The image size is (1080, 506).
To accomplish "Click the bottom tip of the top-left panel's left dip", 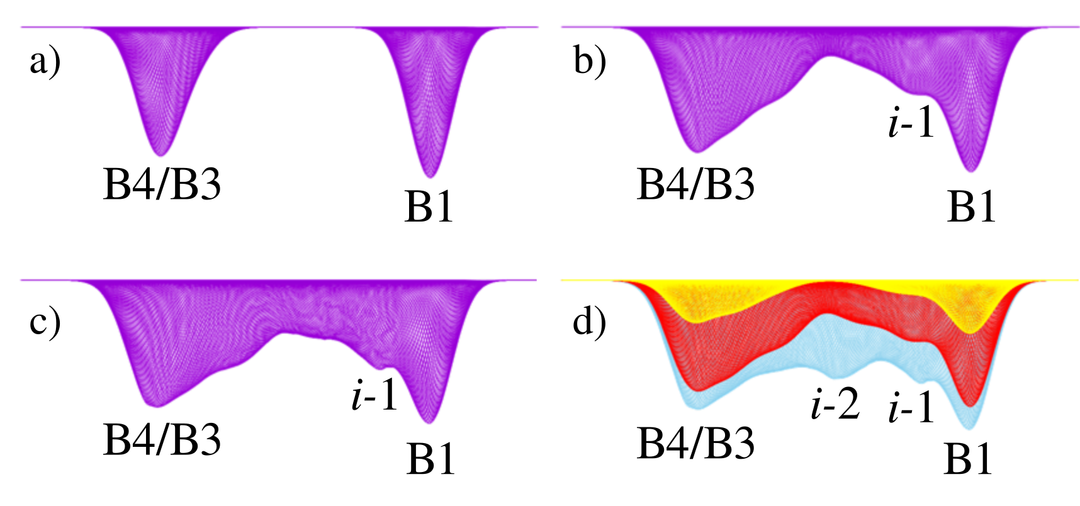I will click(160, 155).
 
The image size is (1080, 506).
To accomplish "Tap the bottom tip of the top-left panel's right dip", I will click(430, 177).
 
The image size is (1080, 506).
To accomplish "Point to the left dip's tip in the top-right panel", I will click(696, 152).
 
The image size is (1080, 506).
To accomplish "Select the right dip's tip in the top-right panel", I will click(970, 171).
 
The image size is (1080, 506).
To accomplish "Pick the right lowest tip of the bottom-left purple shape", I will click(429, 423).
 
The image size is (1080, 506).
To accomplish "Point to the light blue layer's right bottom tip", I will click(970, 430).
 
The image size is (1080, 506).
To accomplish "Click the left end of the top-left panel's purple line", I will click(21, 27).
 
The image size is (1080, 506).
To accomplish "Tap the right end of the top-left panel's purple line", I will click(538, 27).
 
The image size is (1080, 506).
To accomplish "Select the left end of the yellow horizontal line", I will click(561, 280).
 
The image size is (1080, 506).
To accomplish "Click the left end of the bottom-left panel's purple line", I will click(21, 280).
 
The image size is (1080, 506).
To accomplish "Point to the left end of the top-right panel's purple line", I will click(561, 27).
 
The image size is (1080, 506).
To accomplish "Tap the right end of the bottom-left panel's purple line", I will click(536, 280).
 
